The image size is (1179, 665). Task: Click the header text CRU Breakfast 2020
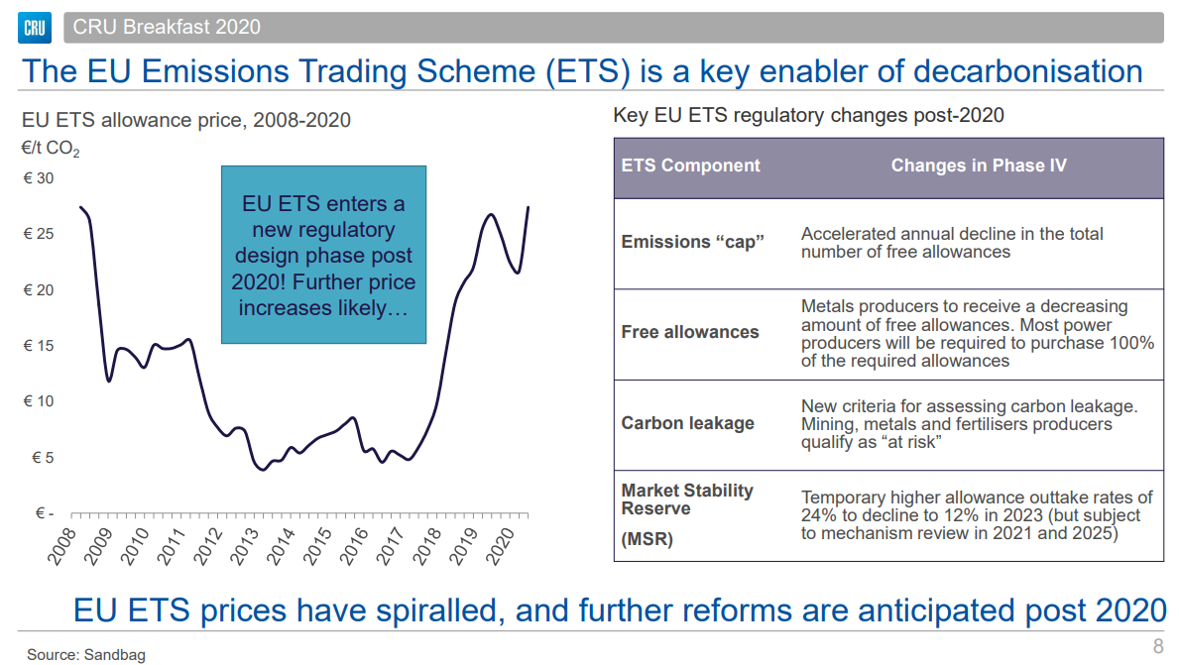coord(167,27)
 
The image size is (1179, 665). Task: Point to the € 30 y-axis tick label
coord(39,178)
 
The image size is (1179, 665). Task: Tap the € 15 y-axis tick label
coord(39,346)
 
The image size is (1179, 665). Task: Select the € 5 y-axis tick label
coord(43,458)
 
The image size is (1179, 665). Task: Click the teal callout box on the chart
coord(323,255)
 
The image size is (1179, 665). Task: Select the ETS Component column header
coord(690,166)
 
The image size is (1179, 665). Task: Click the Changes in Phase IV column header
coord(978,166)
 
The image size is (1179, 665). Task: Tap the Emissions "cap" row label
coord(692,242)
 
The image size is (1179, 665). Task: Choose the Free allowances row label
coord(689,332)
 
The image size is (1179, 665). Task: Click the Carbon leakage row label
coord(687,423)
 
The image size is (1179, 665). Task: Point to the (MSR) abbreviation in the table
coord(647,541)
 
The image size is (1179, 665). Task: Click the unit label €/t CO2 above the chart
coord(51,151)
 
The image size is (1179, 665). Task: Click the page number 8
coord(1157,647)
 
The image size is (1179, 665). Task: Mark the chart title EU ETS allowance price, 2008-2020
coord(186,121)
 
